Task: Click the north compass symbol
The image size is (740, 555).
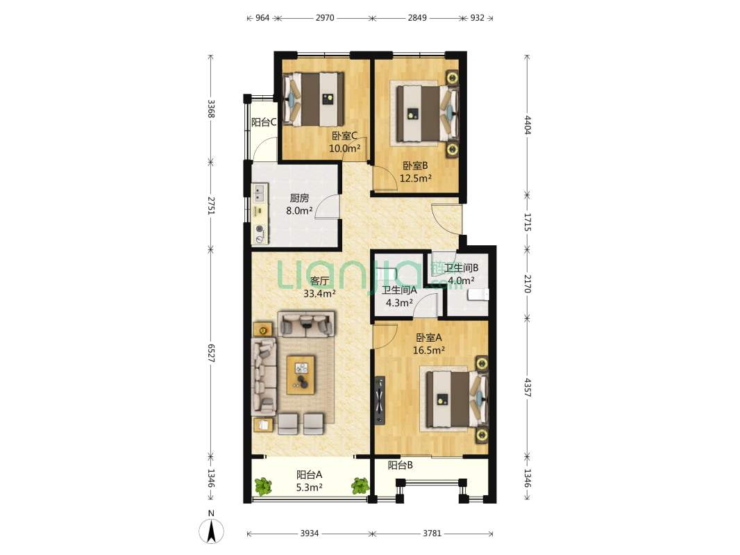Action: click(x=211, y=531)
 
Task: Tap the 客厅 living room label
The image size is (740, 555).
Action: click(x=319, y=281)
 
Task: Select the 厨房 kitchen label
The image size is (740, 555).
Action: click(x=299, y=199)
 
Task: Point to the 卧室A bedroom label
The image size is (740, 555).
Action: click(x=428, y=338)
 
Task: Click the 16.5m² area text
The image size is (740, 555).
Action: click(x=428, y=351)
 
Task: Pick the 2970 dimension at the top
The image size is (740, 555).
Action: click(x=325, y=18)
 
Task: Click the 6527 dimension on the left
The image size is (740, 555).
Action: click(x=211, y=353)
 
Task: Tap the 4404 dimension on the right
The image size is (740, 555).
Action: click(x=527, y=125)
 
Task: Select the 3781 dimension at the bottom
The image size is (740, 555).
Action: click(x=432, y=533)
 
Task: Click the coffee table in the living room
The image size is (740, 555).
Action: click(x=301, y=375)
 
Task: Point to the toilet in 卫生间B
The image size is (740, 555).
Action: click(x=478, y=295)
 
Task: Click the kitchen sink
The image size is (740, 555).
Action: click(x=259, y=193)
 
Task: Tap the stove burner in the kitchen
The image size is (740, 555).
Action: click(x=260, y=229)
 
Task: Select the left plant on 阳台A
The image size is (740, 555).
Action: click(x=263, y=486)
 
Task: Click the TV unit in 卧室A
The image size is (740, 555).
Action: click(x=380, y=400)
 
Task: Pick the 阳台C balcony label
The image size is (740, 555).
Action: click(x=264, y=122)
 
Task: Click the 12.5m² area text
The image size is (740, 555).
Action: click(x=415, y=179)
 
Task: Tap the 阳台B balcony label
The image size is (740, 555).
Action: click(x=401, y=465)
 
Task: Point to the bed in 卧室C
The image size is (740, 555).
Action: click(x=313, y=99)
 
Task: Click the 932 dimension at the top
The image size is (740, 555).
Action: click(x=477, y=18)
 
